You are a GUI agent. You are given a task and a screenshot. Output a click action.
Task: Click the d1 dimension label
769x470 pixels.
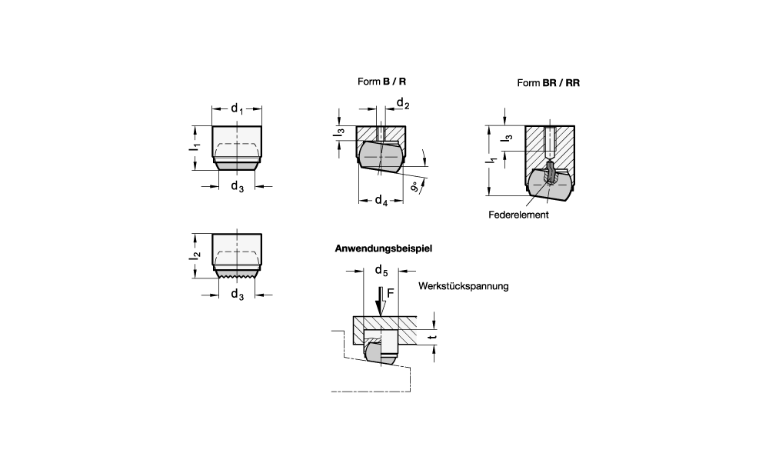click(237, 108)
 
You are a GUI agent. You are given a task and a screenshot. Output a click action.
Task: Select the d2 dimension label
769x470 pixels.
click(403, 103)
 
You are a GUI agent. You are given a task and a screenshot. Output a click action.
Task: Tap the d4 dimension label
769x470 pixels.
click(381, 200)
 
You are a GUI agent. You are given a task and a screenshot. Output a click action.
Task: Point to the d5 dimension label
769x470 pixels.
click(381, 270)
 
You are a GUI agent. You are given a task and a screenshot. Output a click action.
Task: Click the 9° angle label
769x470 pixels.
click(415, 186)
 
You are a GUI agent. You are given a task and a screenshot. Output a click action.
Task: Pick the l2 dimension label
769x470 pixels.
click(195, 255)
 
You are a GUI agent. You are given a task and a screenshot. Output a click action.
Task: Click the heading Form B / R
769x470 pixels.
click(381, 82)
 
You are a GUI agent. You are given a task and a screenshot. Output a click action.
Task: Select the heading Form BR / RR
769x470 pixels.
click(548, 83)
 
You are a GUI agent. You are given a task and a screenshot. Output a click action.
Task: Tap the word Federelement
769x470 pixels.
click(518, 215)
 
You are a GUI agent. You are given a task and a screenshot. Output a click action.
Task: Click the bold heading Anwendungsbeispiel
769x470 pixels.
click(384, 248)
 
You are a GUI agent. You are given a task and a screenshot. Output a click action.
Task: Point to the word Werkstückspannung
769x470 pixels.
click(464, 286)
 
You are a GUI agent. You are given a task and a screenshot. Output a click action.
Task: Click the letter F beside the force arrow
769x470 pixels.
click(391, 293)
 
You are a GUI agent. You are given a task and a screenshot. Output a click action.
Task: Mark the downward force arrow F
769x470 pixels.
click(380, 302)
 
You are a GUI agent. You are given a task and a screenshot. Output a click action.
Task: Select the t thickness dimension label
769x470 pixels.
click(431, 337)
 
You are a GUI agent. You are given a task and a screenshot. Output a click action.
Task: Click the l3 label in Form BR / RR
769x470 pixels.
click(508, 138)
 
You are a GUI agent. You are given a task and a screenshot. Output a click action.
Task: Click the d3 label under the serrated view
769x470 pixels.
click(237, 295)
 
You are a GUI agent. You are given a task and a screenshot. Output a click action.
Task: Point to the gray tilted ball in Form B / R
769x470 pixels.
click(381, 157)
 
